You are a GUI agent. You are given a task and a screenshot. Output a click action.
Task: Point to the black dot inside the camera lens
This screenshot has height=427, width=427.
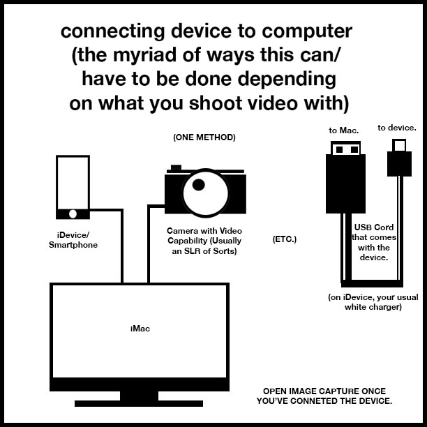199,185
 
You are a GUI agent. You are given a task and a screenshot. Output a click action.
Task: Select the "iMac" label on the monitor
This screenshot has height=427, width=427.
140,327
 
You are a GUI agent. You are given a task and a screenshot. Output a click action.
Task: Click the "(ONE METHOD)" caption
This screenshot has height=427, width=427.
204,137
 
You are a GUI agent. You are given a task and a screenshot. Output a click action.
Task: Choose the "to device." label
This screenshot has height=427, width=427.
397,128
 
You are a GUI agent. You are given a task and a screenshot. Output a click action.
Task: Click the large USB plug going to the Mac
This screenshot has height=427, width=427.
345,178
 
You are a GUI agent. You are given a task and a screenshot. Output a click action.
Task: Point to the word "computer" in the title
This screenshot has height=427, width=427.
306,31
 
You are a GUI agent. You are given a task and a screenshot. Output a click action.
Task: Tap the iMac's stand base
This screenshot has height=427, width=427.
139,403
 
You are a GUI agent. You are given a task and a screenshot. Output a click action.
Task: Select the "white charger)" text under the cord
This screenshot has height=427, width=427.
373,307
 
